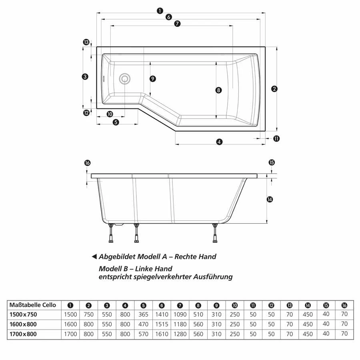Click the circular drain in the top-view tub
[x=125, y=78]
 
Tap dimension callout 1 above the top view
[x=160, y=11]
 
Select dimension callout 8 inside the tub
[x=218, y=90]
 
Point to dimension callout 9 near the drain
[x=152, y=79]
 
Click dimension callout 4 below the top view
[x=219, y=142]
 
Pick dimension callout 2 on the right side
[x=274, y=89]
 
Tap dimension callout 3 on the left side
[x=85, y=77]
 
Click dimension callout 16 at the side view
[x=88, y=163]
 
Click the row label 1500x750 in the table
[x=23, y=314]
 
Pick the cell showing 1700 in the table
[x=70, y=334]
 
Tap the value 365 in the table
[x=143, y=314]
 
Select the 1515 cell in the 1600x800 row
[x=162, y=324]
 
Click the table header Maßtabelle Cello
[x=33, y=305]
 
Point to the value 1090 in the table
[x=180, y=314]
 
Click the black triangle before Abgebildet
[x=94, y=257]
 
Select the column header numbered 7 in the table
[x=180, y=305]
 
